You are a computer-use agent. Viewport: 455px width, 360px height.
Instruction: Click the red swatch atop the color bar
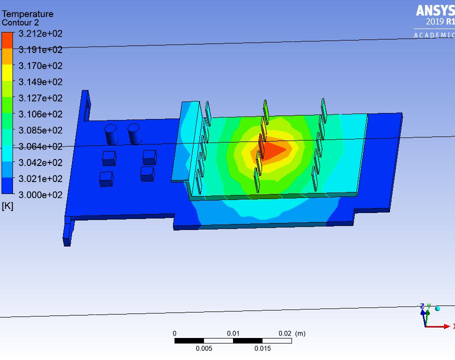click(7, 39)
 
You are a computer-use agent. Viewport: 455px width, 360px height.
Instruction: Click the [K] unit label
click(7, 206)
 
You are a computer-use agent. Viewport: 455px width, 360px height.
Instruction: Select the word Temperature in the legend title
click(27, 14)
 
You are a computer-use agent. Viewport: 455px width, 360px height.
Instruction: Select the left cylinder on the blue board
click(111, 134)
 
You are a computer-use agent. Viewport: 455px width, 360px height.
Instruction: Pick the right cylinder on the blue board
click(134, 133)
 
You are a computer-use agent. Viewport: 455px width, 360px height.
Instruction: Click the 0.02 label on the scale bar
click(284, 333)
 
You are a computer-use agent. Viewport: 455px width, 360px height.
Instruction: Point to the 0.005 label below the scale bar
click(203, 349)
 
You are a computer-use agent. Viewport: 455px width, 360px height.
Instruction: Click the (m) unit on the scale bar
click(300, 333)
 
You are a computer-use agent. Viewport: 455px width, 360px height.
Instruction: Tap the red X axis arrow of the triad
click(442, 326)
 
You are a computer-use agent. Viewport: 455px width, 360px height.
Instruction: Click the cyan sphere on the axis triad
click(437, 308)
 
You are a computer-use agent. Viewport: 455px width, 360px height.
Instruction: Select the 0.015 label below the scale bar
click(262, 349)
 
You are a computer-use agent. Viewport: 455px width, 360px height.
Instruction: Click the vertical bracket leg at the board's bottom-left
click(67, 232)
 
